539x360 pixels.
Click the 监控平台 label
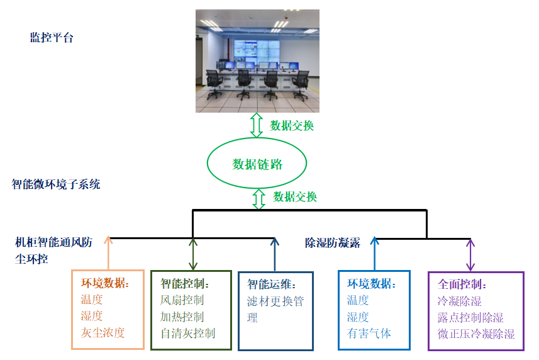[52, 38]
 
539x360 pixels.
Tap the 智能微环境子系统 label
[56, 184]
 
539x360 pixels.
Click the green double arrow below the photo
[256, 125]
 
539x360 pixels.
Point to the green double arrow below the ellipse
[258, 199]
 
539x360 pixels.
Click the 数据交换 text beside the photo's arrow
[292, 125]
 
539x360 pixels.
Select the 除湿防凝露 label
[333, 243]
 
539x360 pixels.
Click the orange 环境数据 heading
[105, 283]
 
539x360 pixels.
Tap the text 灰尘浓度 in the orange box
[103, 332]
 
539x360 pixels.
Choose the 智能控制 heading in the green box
[185, 284]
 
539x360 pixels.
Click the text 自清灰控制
[187, 333]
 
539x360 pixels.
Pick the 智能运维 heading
[272, 284]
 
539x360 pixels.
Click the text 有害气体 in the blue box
[369, 333]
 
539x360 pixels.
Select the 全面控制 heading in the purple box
[462, 284]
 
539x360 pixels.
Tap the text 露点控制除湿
[470, 317]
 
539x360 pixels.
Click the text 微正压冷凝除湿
[476, 334]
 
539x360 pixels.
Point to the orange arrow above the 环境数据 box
[108, 253]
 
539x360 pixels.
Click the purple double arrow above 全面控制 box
[470, 255]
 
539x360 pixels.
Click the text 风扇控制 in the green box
[182, 300]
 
